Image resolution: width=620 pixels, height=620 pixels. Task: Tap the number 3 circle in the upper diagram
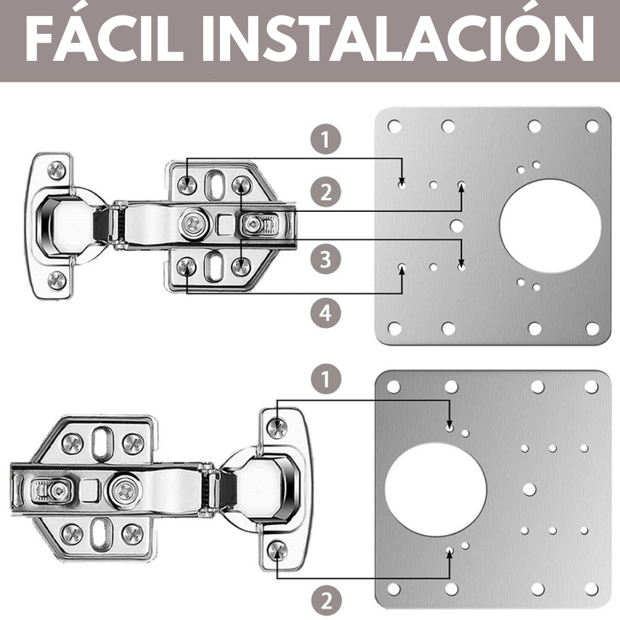(325, 259)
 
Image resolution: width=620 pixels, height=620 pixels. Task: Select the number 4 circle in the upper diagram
(325, 313)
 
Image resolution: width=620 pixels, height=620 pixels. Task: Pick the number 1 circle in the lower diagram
(326, 378)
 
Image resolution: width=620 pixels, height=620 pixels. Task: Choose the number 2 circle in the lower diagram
(326, 600)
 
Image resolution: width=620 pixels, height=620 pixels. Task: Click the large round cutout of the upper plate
(550, 226)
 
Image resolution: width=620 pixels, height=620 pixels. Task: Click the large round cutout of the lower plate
(435, 490)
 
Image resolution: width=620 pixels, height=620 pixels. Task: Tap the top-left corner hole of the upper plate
(394, 126)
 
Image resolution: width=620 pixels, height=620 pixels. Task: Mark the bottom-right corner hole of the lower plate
(591, 589)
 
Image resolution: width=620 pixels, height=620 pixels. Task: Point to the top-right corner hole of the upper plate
(592, 126)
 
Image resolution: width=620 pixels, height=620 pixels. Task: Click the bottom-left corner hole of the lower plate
(393, 589)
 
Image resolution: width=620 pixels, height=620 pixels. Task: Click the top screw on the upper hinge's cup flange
(57, 170)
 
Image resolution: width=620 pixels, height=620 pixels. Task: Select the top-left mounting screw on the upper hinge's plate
(187, 185)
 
